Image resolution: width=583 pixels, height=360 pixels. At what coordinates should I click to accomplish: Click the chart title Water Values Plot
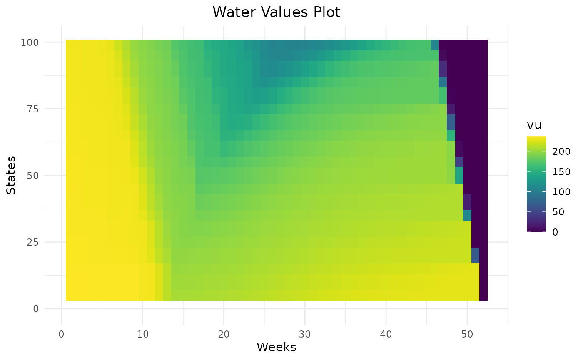click(x=277, y=12)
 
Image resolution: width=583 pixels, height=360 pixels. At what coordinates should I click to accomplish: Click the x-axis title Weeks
click(x=277, y=347)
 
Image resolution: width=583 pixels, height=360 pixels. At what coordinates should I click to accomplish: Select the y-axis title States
click(x=11, y=175)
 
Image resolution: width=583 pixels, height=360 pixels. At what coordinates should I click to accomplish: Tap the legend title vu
click(x=534, y=125)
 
